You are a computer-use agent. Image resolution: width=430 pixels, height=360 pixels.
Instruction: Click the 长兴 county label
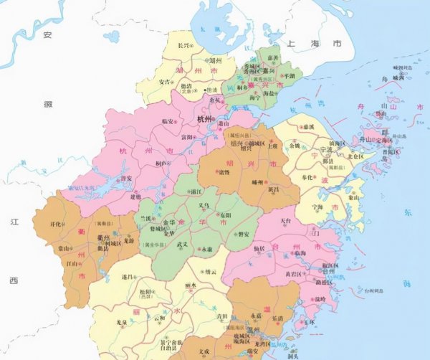tap(182, 46)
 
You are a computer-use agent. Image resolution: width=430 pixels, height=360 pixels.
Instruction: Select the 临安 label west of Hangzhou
tap(169, 122)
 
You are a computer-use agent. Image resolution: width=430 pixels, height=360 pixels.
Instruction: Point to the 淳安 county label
tap(125, 179)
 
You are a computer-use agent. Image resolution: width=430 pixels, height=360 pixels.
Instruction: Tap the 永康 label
tap(206, 249)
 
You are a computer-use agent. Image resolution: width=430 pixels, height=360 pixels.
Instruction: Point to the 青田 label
tap(202, 316)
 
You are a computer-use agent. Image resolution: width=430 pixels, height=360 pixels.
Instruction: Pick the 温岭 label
tap(318, 299)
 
